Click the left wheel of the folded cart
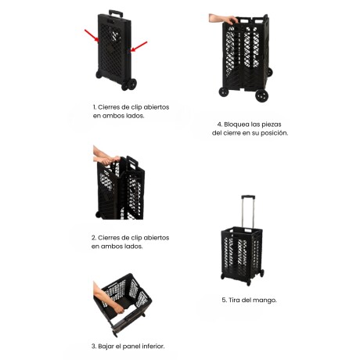pyautogui.click(x=101, y=75)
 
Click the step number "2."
pyautogui.click(x=94, y=237)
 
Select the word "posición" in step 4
pyautogui.click(x=273, y=133)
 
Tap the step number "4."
pyautogui.click(x=220, y=124)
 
